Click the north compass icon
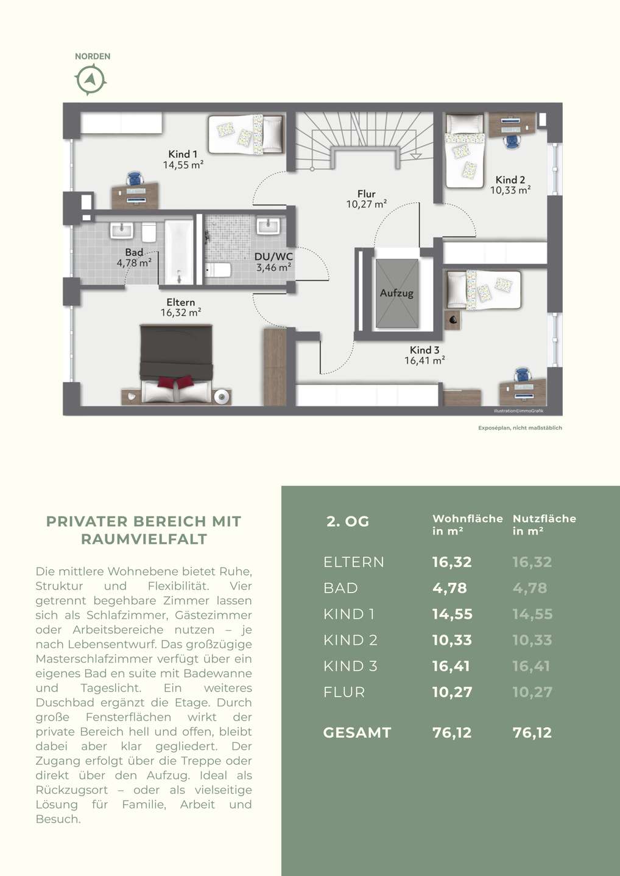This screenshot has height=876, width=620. [x=90, y=80]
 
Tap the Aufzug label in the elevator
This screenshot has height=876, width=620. [x=396, y=293]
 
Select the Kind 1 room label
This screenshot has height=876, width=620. [x=183, y=154]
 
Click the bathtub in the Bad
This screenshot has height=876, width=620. [x=179, y=252]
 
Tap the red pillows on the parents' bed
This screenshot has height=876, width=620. [x=176, y=382]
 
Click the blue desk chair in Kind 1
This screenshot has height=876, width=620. [x=135, y=179]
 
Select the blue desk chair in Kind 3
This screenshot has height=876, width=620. [x=522, y=375]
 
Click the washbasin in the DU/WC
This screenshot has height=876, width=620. [x=268, y=226]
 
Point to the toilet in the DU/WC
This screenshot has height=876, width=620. [x=219, y=269]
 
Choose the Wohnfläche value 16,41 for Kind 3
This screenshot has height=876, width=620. [x=451, y=666]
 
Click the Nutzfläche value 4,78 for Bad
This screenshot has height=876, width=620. [x=530, y=588]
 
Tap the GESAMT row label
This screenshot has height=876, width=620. [x=357, y=732]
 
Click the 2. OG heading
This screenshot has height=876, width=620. [x=348, y=522]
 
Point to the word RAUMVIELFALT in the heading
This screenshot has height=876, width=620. [x=144, y=539]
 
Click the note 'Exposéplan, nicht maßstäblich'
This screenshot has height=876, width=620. [x=520, y=428]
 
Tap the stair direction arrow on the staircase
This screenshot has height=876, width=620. [x=416, y=156]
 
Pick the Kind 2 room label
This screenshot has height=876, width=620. [x=510, y=179]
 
